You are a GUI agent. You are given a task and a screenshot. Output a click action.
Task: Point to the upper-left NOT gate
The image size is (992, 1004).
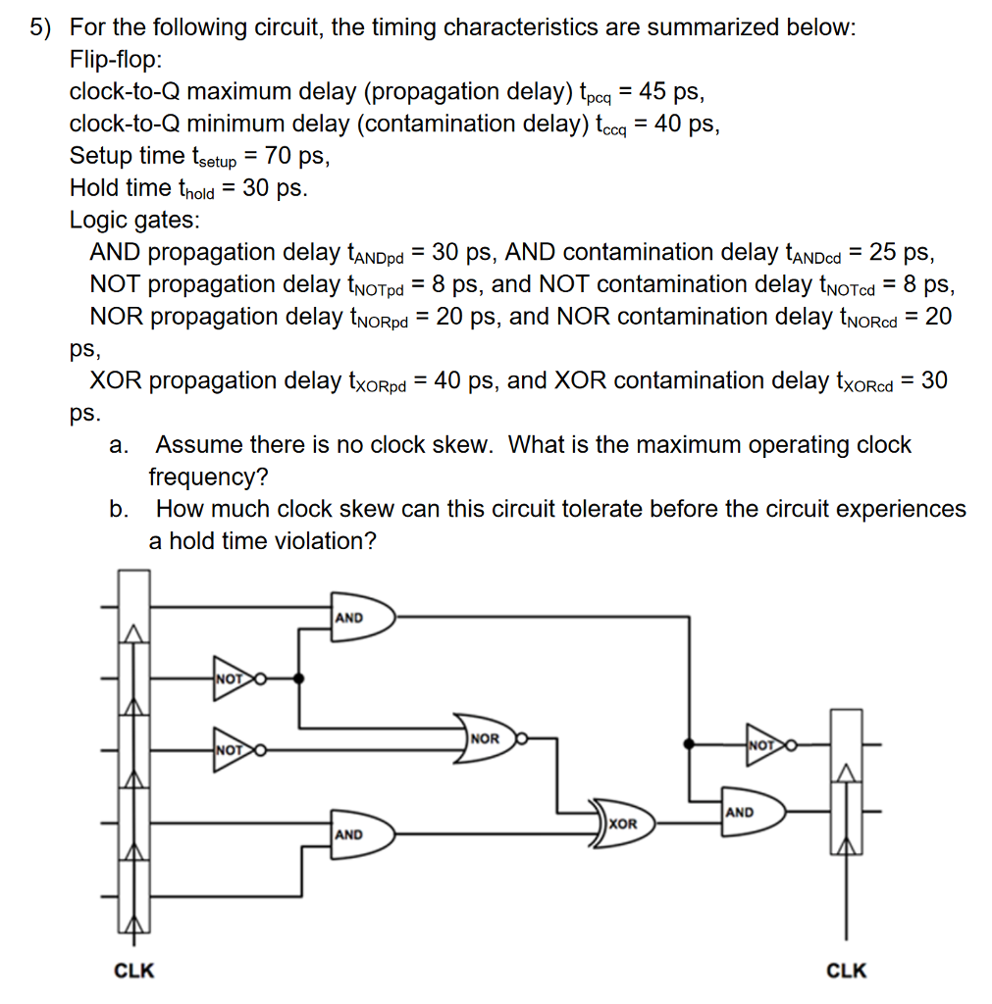[234, 678]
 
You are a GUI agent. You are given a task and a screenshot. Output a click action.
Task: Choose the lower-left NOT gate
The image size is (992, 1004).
[234, 750]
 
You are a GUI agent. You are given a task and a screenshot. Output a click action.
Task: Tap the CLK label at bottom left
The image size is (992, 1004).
[134, 971]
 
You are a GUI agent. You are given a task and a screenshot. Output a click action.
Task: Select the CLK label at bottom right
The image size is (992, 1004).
[847, 971]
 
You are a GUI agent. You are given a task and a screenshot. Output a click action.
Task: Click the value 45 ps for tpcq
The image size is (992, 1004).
[669, 92]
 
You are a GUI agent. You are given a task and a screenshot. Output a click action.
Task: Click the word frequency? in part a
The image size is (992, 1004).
[209, 477]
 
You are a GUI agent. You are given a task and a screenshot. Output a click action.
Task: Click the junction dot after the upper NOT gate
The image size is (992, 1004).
[299, 678]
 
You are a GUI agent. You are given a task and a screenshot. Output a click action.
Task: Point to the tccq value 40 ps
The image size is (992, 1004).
[686, 125]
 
